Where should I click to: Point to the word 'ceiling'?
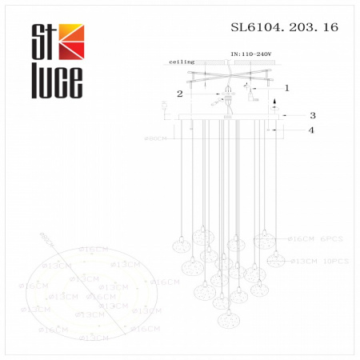(x=182, y=62)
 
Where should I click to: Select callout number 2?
(x=181, y=94)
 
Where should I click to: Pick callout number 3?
(x=314, y=115)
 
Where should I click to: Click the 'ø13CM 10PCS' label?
(x=318, y=261)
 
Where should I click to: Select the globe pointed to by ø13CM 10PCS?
(x=276, y=259)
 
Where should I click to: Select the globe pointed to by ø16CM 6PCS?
(x=261, y=238)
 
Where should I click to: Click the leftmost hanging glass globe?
(x=181, y=239)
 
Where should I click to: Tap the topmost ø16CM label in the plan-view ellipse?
(x=92, y=250)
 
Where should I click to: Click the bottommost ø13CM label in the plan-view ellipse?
(x=94, y=338)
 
